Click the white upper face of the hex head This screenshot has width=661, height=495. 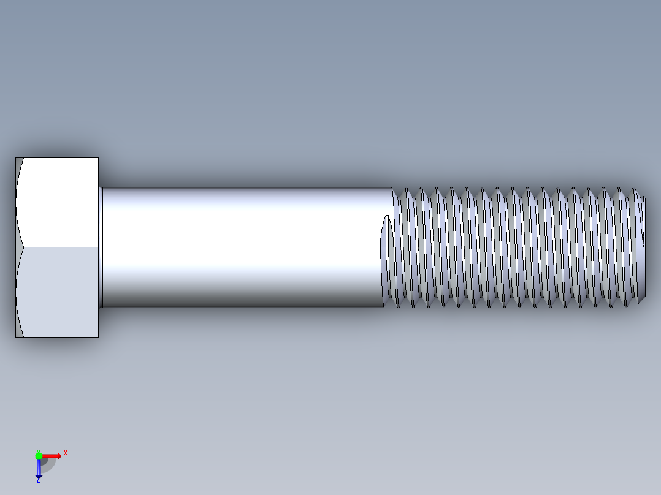coord(58,202)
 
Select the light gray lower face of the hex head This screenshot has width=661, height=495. coord(58,292)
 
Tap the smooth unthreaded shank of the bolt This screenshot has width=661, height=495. coord(245,245)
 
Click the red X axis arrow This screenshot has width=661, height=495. coord(52,455)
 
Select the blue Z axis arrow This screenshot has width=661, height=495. coord(39,469)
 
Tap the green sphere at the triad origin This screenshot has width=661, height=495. coord(39,455)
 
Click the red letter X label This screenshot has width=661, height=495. coord(65,453)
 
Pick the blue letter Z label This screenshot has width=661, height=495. coord(38,481)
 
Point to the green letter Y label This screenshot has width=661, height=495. coord(38,450)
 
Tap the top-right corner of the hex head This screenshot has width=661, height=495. coord(98,158)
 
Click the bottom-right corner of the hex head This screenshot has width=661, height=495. coord(98,336)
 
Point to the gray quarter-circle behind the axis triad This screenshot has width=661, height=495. coord(48,464)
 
